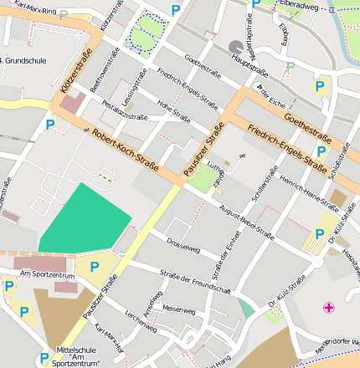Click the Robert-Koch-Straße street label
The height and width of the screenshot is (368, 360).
126,151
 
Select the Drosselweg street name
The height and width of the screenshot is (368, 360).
183,248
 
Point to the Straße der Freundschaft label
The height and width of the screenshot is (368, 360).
194,282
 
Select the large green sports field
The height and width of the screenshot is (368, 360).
84,218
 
